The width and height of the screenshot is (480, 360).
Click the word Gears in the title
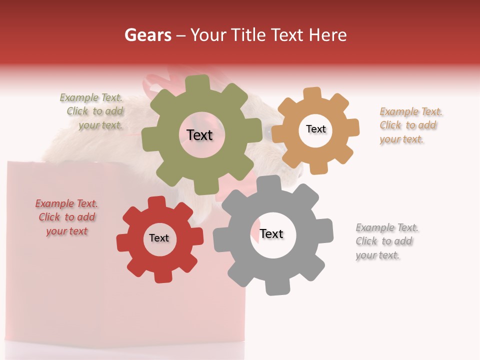pos(147,35)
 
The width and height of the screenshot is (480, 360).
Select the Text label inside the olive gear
pos(199,135)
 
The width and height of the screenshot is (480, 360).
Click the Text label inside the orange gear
pos(315,129)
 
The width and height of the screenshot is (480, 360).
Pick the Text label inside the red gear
pos(159,238)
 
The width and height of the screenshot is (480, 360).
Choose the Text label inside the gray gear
pos(271,233)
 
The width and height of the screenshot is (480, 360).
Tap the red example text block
pos(66,217)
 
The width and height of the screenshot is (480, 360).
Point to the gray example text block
pos(386,241)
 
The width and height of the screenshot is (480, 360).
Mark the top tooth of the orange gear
pos(312,94)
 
